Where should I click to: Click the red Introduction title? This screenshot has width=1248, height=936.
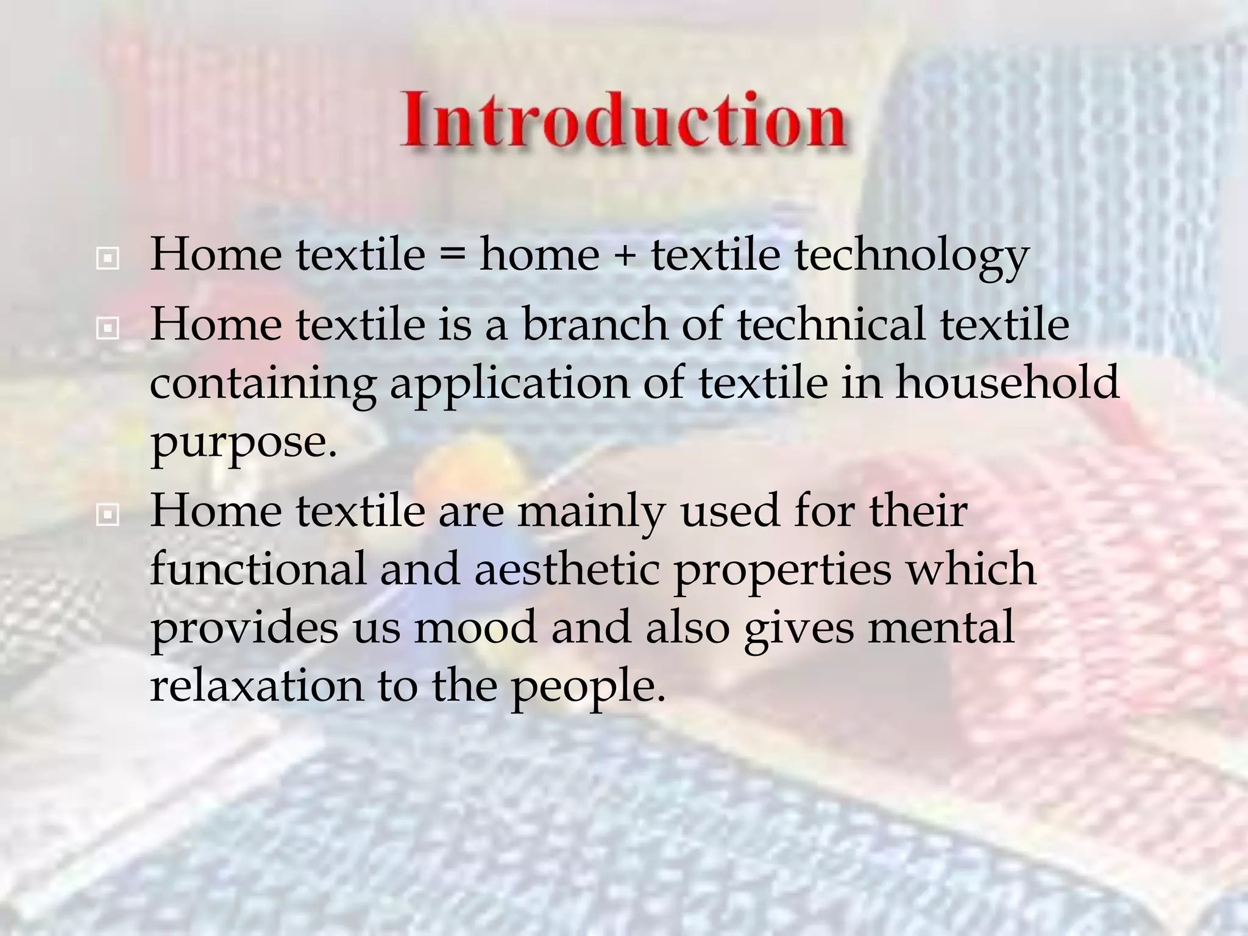pos(623,120)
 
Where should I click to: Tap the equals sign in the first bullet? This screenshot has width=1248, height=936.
pos(452,255)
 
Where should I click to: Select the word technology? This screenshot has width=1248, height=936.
pos(912,257)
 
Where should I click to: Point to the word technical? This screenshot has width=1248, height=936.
pos(831,324)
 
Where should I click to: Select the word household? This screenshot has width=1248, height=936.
pos(1007,383)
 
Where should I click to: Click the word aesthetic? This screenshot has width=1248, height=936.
pos(567,569)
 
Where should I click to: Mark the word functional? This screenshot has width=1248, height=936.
pos(258,569)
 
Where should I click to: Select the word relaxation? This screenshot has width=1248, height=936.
pos(256,686)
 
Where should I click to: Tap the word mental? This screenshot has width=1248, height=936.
pos(941,627)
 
